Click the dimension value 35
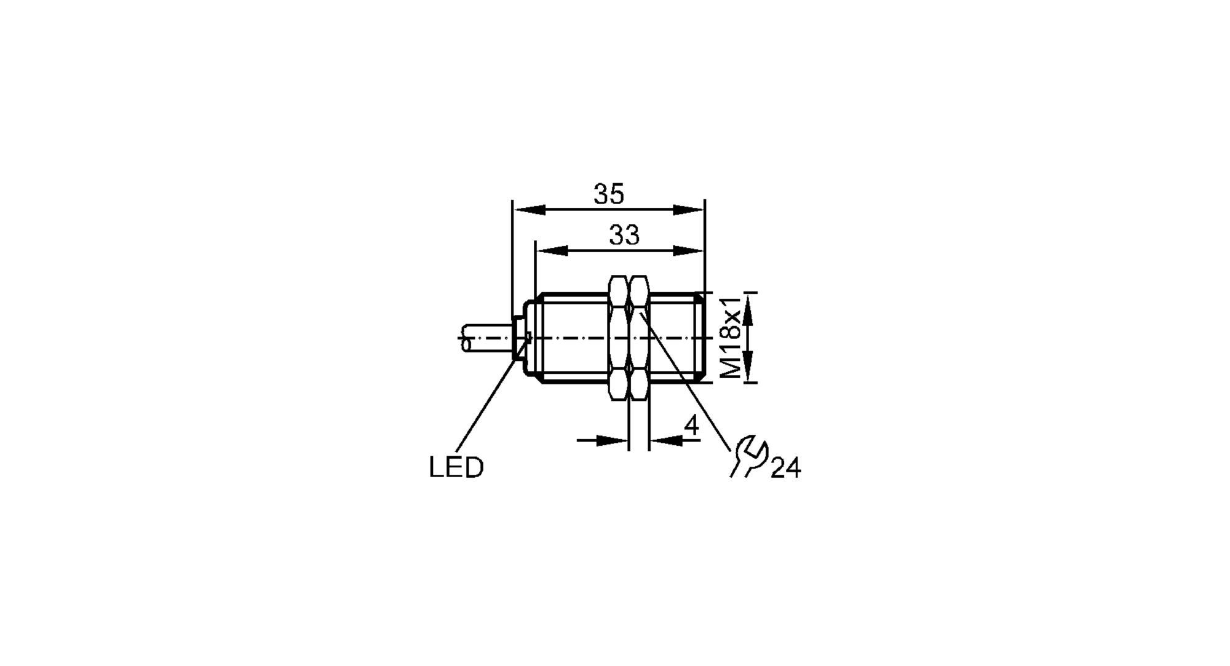609,194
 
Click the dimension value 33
624,235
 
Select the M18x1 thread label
730,337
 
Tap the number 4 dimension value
692,426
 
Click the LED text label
456,468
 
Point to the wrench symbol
747,456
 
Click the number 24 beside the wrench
785,469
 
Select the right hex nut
639,337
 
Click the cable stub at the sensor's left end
486,338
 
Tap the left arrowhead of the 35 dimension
530,210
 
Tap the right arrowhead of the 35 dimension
688,210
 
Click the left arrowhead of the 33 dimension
552,250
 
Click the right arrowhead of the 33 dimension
687,250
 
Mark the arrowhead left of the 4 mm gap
612,440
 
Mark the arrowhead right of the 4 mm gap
666,440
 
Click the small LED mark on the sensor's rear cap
527,336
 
